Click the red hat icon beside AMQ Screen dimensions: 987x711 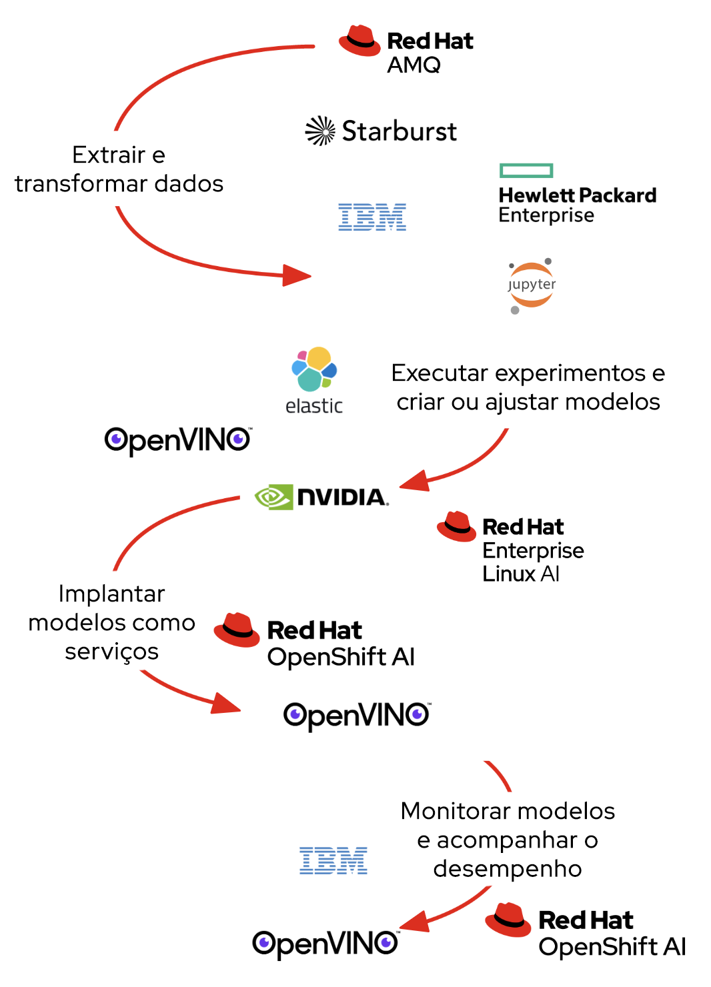pos(360,41)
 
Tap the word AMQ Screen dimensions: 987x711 pos(414,65)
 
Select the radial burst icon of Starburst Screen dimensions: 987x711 pos(320,131)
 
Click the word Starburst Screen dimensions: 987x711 pos(399,131)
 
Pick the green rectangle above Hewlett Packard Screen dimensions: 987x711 pos(526,171)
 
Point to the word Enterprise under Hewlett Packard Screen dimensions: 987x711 pos(546,215)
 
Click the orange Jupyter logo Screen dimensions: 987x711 pos(531,285)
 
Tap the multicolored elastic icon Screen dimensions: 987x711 pos(314,368)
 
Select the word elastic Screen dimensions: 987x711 pos(313,405)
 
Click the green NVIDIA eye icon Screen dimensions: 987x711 pos(273,497)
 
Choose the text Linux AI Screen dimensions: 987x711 pos(520,574)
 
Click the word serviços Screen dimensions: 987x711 pos(111,652)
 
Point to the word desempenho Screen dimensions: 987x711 pos(507,869)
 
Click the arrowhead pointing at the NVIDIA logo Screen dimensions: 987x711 pos(414,481)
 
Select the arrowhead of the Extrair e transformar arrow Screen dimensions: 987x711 pos(296,275)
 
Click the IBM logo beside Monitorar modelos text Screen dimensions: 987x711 pos(333,860)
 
